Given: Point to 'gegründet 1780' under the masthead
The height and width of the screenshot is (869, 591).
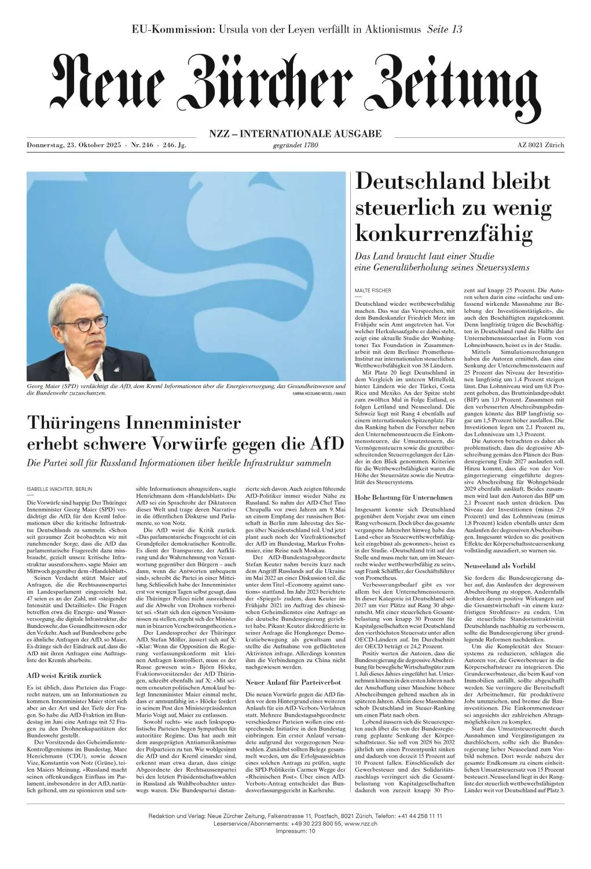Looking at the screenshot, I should click(295, 145).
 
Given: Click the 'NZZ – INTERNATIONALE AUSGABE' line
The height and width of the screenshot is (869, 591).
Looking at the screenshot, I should click(295, 134).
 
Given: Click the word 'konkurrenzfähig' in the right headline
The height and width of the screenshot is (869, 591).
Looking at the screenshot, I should click(443, 234).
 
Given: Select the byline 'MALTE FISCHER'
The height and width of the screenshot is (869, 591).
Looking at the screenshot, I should click(372, 290).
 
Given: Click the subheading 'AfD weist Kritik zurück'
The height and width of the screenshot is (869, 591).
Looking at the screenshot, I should click(64, 675).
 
